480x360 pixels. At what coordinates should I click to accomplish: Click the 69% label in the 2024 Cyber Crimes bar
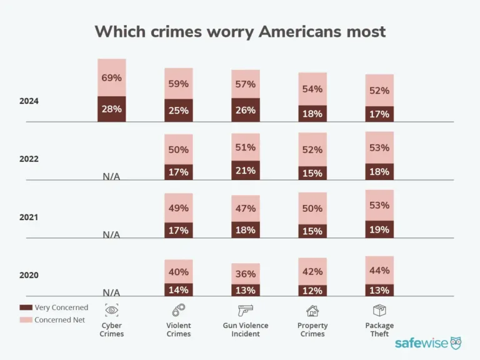(111, 78)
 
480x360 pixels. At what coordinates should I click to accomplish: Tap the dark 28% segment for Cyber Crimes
(111, 109)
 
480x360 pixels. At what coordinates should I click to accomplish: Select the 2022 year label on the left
(29, 159)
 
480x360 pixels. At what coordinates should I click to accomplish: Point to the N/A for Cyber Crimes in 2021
(111, 234)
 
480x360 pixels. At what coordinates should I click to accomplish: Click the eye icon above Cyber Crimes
(112, 309)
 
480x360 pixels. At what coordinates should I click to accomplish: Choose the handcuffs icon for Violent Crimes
(179, 309)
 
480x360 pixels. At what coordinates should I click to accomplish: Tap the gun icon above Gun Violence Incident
(246, 309)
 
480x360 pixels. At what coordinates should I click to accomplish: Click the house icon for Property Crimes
(312, 310)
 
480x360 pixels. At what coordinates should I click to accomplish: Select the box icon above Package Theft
(379, 309)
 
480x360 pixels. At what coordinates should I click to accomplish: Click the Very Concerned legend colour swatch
(25, 307)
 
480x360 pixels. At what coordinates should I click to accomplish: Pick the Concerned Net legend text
(61, 320)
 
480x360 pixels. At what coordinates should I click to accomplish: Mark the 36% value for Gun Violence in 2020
(246, 274)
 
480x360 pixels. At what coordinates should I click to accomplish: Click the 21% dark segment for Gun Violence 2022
(246, 171)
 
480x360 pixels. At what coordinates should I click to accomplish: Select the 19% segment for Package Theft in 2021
(379, 229)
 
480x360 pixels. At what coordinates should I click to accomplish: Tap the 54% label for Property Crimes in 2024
(312, 89)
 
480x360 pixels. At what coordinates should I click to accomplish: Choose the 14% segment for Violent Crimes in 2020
(179, 290)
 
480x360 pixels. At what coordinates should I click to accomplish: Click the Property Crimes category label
(312, 329)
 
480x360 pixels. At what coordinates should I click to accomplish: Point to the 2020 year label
(29, 275)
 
